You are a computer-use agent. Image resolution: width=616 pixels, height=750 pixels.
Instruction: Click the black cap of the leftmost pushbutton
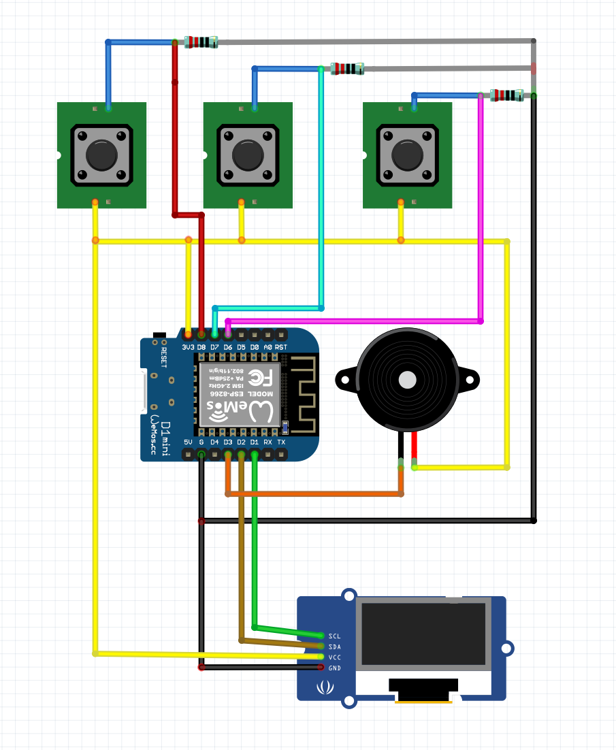coord(101,155)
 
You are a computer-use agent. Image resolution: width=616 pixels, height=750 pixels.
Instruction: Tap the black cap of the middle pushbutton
coord(248,155)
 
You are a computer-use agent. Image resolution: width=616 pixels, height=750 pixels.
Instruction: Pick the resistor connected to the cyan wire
coord(347,68)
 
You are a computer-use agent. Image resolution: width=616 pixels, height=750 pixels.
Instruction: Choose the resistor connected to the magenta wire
coord(506,95)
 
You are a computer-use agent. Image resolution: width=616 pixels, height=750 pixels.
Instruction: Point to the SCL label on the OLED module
coord(334,636)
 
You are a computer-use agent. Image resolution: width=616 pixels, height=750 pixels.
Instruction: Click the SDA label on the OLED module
coord(334,647)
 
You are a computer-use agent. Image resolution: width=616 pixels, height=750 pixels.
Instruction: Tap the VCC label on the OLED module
coord(334,657)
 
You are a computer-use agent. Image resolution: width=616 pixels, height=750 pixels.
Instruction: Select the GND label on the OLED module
coord(334,668)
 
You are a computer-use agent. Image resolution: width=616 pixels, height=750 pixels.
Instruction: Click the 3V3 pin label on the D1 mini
coord(189,347)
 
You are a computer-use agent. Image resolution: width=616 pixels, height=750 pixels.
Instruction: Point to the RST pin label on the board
coord(281,347)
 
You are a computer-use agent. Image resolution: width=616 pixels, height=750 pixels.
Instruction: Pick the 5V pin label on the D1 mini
coord(189,442)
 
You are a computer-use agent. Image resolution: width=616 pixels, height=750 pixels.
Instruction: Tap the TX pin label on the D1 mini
coord(281,442)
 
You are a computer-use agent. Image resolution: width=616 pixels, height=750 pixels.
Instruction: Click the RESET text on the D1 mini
coord(164,357)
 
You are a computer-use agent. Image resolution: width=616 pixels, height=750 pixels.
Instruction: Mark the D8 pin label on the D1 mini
coord(201,347)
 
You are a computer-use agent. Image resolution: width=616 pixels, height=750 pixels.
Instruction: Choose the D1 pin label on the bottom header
coord(255,442)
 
